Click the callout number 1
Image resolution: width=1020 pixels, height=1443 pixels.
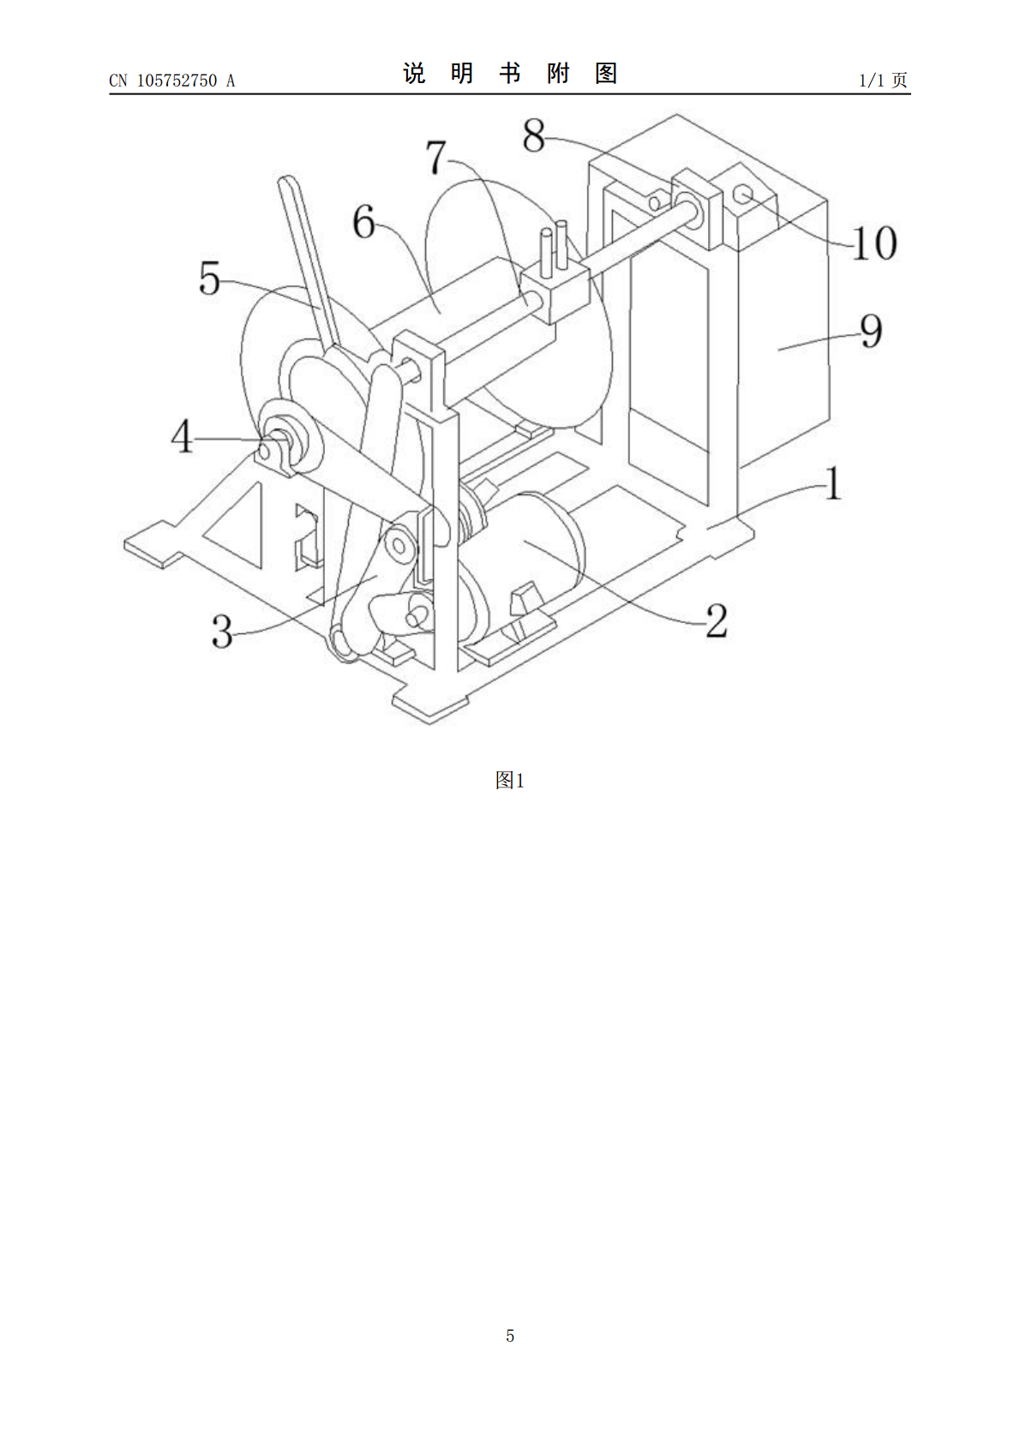pyautogui.click(x=833, y=483)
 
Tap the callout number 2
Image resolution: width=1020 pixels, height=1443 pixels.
pyautogui.click(x=717, y=621)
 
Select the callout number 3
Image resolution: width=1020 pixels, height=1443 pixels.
pyautogui.click(x=222, y=632)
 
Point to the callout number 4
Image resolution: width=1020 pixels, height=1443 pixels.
pyautogui.click(x=182, y=436)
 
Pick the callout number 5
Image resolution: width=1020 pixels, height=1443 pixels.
pyautogui.click(x=209, y=278)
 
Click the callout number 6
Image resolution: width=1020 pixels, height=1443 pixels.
pyautogui.click(x=364, y=222)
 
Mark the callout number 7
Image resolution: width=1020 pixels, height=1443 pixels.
pyautogui.click(x=436, y=157)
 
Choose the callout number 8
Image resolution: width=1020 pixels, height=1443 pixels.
pyautogui.click(x=533, y=135)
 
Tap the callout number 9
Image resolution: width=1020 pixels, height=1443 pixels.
pyautogui.click(x=871, y=331)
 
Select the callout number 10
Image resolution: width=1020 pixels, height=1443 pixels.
pyautogui.click(x=874, y=242)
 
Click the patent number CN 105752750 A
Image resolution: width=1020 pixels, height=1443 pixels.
pyautogui.click(x=172, y=81)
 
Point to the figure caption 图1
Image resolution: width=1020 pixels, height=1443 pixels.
pyautogui.click(x=510, y=780)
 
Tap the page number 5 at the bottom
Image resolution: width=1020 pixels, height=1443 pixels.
pyautogui.click(x=510, y=1335)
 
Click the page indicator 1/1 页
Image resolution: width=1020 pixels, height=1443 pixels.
pyautogui.click(x=884, y=80)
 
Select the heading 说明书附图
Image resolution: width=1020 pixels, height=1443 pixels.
pyautogui.click(x=510, y=74)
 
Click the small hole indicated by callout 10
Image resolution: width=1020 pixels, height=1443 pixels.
pyautogui.click(x=743, y=192)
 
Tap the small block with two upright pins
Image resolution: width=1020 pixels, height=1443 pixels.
pyautogui.click(x=555, y=284)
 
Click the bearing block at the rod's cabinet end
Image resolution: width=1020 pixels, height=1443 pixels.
pyautogui.click(x=696, y=208)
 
